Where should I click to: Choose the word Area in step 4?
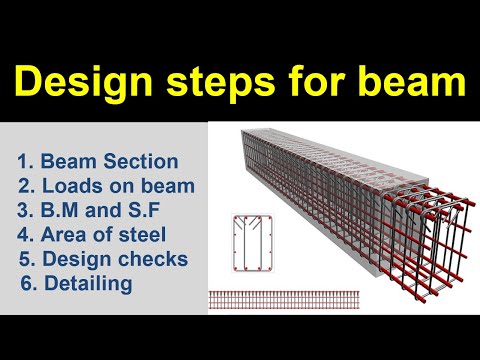tap(63, 236)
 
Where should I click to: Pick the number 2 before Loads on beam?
tap(25, 186)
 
